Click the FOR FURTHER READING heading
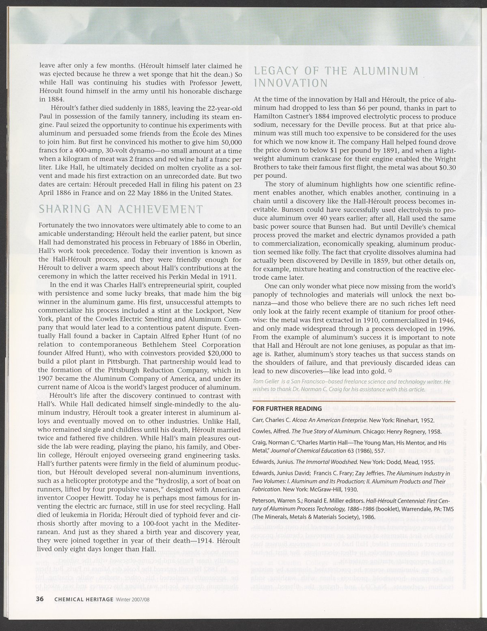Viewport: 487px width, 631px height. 287,408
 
